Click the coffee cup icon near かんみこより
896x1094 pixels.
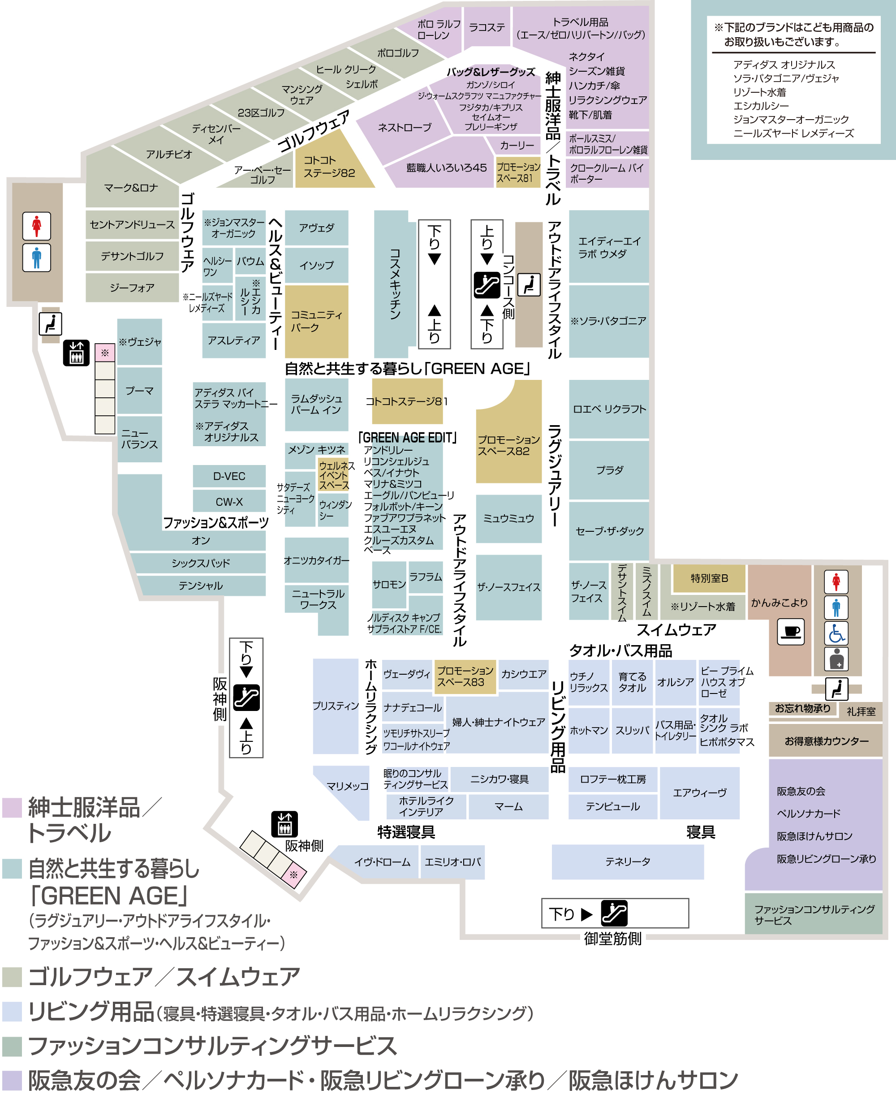click(791, 631)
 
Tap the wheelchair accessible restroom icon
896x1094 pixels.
click(836, 633)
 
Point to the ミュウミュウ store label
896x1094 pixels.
click(508, 518)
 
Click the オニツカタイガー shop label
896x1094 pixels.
click(316, 560)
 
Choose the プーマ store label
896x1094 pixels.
click(139, 391)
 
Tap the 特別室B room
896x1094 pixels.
click(709, 578)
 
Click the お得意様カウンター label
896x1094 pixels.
click(826, 741)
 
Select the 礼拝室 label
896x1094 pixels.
click(861, 711)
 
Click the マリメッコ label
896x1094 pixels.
click(347, 786)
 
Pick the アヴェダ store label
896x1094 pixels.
click(316, 228)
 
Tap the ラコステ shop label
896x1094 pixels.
click(486, 27)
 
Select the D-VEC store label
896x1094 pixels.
click(229, 476)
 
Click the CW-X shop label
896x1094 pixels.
click(229, 502)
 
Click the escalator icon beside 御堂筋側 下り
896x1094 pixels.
click(614, 913)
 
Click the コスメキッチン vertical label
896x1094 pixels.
click(395, 284)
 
